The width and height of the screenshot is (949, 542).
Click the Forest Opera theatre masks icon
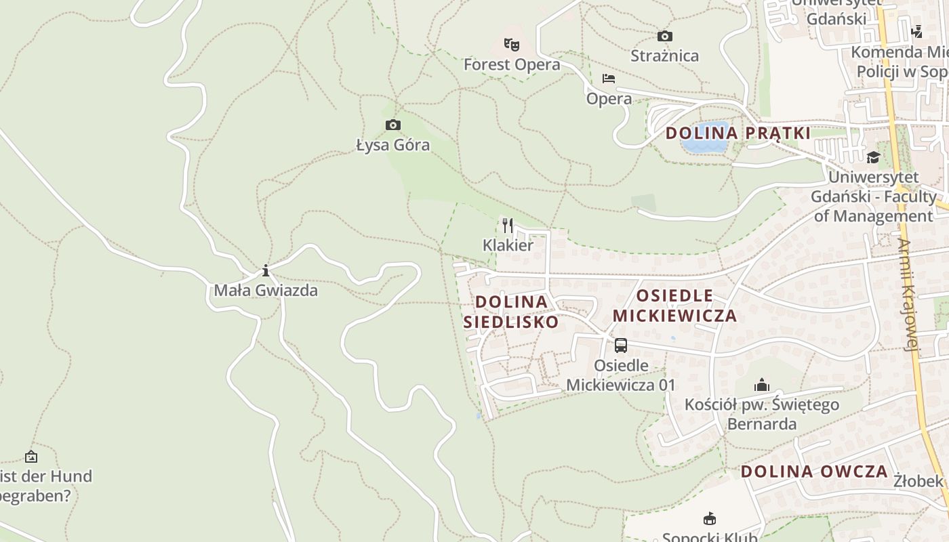(x=512, y=45)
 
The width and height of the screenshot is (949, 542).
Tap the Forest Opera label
(x=512, y=64)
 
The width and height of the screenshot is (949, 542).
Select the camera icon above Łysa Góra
(x=392, y=125)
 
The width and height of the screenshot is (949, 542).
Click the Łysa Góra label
(x=393, y=145)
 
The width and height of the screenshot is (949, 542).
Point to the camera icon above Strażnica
(x=665, y=36)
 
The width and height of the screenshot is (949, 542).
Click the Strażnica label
(x=664, y=56)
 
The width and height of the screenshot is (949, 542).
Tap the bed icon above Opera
(x=609, y=79)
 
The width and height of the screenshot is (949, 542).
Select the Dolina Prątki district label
(x=738, y=133)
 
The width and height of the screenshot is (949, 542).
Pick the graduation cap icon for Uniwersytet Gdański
(x=873, y=157)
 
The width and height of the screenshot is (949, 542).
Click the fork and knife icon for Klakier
(x=508, y=226)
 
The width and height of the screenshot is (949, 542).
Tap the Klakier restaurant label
(x=508, y=245)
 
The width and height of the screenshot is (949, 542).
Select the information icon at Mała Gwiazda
(x=266, y=271)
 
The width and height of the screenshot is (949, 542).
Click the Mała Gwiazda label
(x=266, y=291)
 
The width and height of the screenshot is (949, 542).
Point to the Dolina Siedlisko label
(x=511, y=312)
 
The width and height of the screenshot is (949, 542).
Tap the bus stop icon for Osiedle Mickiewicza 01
(x=620, y=346)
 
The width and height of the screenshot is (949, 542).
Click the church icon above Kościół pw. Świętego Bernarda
(x=762, y=385)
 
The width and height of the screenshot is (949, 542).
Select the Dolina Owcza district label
(x=814, y=472)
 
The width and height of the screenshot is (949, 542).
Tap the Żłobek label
(x=918, y=481)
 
